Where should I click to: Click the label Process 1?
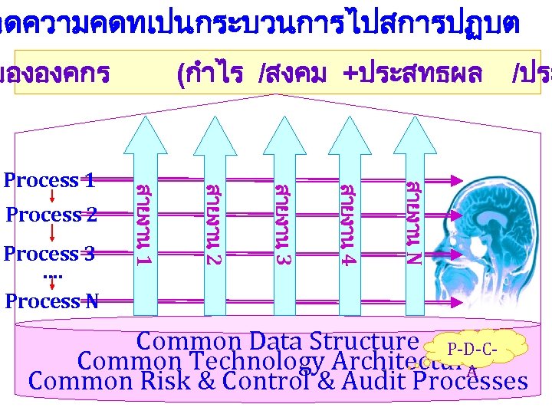pyautogui.click(x=50, y=180)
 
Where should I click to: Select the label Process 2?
pyautogui.click(x=51, y=215)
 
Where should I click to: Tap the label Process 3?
pyautogui.click(x=50, y=253)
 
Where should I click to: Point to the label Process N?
pyautogui.click(x=51, y=301)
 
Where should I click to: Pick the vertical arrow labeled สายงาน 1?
pyautogui.click(x=143, y=215)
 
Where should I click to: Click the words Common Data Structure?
pyautogui.click(x=277, y=341)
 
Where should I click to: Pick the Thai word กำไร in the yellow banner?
pyautogui.click(x=209, y=74)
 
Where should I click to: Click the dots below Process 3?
pyautogui.click(x=51, y=275)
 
